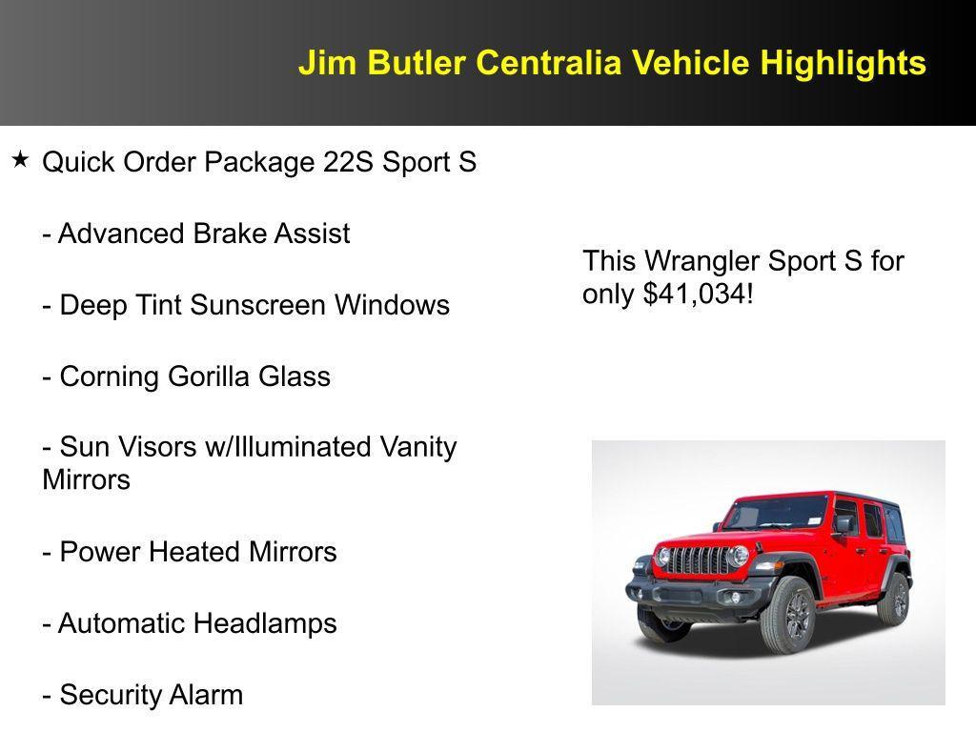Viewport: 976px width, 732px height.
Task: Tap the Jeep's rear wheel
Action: (x=895, y=598)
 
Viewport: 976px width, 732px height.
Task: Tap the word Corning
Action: (x=110, y=376)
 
